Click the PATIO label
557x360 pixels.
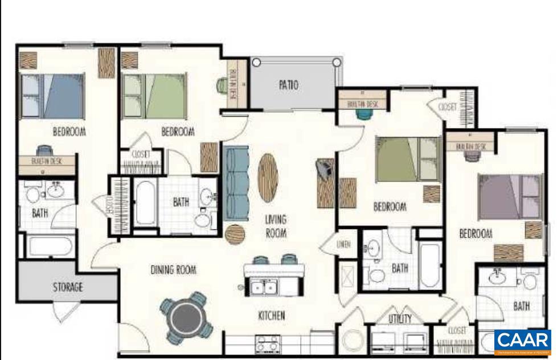click(288, 85)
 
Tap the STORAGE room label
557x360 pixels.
click(68, 287)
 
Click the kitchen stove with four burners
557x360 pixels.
click(267, 344)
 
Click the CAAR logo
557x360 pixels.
click(523, 341)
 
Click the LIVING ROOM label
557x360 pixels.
click(276, 226)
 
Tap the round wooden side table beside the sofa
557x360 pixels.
click(235, 234)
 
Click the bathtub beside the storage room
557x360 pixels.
click(50, 247)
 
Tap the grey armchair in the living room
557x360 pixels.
click(325, 169)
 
